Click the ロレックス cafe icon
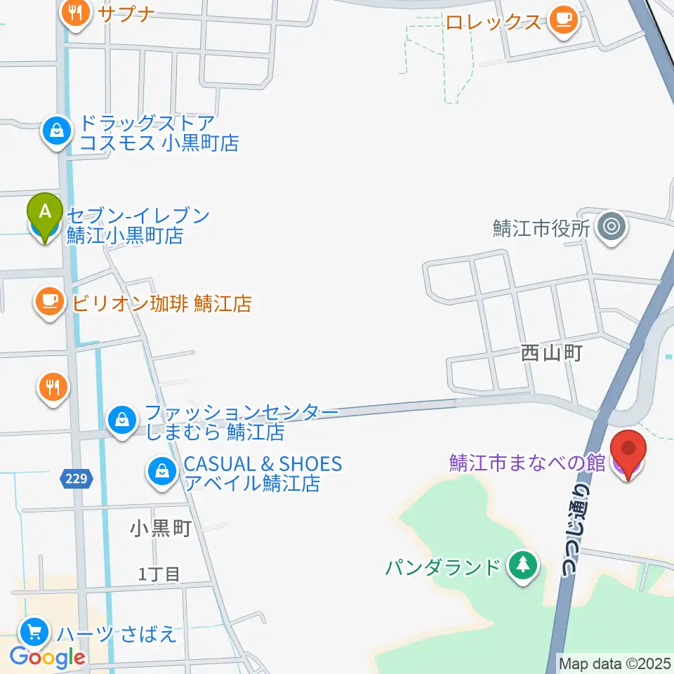[564, 20]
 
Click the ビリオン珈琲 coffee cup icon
[48, 303]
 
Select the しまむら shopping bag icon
[122, 421]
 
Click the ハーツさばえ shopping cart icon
[34, 633]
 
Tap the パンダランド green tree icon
[522, 565]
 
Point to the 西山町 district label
[552, 353]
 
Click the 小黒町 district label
[161, 528]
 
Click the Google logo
[48, 658]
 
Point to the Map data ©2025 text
[615, 663]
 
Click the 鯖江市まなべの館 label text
[527, 464]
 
